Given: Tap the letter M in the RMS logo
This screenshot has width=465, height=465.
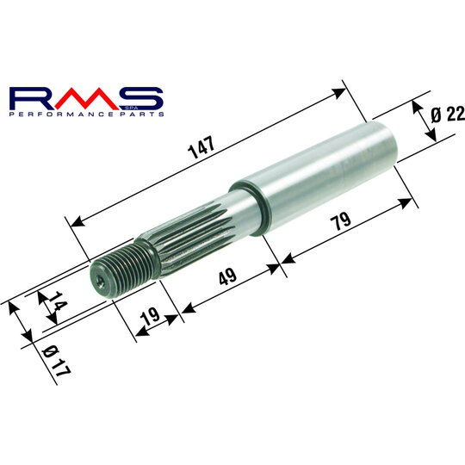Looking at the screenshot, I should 86,96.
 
